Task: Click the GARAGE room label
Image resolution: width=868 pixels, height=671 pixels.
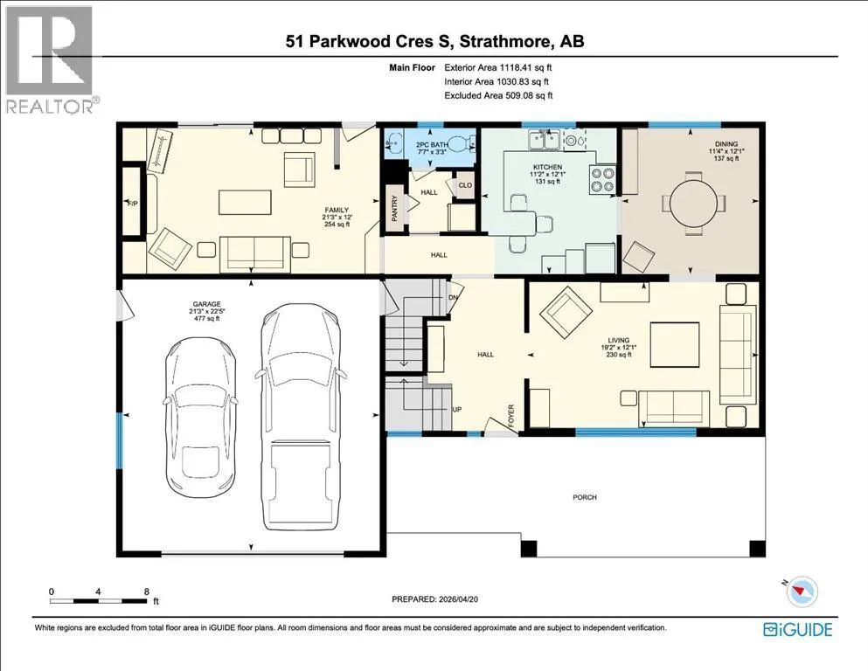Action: coord(206,304)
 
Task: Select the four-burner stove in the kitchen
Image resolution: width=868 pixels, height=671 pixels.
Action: coord(603,179)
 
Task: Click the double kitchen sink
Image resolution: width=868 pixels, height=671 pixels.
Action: coord(544,140)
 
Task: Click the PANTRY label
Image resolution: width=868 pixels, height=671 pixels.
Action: coord(395,209)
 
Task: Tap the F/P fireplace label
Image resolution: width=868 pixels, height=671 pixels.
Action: coord(133,204)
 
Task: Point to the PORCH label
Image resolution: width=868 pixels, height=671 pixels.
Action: coord(585,497)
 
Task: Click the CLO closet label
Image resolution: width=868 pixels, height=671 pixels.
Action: coord(465,184)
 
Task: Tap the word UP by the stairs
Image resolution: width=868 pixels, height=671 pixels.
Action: coord(456,410)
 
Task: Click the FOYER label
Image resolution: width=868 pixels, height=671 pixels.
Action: coord(511,415)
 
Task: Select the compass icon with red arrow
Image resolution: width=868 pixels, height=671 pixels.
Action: coord(802,591)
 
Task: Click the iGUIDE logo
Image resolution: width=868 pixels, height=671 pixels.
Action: coord(797,630)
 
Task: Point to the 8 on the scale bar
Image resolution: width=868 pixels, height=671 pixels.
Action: coord(146,591)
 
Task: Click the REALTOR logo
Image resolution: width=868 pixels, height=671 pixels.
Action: coord(51,59)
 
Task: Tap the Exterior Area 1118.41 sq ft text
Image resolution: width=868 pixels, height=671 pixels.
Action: coord(498,67)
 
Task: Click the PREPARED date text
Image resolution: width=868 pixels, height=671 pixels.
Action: coord(434,599)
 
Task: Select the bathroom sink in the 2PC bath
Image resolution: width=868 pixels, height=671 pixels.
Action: coord(393,142)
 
